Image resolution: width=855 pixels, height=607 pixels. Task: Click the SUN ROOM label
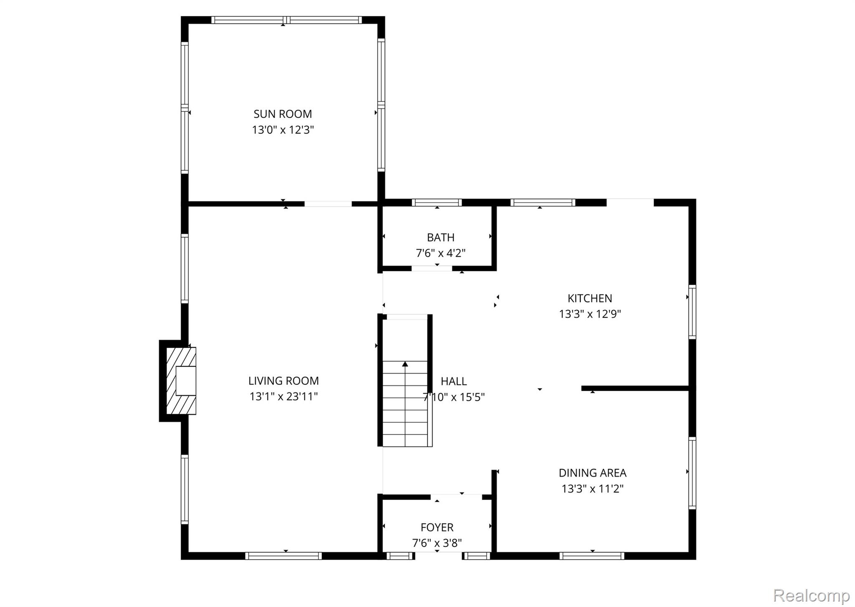point(283,114)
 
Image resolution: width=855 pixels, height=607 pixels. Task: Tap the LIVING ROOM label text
point(283,381)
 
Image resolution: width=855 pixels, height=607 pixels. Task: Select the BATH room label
point(440,238)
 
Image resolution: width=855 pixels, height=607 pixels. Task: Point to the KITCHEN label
point(590,298)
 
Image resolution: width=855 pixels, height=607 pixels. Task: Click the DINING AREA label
point(592,473)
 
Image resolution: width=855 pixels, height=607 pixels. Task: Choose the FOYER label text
point(437,528)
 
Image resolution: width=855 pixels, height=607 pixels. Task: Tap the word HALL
point(454,381)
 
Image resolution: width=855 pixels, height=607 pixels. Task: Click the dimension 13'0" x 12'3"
point(283,130)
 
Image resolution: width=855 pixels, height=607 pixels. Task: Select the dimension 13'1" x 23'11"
point(283,396)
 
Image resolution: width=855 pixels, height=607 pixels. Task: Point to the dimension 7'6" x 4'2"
point(440,253)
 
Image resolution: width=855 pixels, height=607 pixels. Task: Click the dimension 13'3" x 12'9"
point(590,314)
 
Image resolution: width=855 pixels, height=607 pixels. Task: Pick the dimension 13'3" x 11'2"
point(592,488)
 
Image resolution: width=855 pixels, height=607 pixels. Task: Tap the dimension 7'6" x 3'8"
point(437,543)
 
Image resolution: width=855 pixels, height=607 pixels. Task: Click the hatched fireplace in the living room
point(181,381)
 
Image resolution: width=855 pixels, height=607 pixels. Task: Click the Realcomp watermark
point(811,595)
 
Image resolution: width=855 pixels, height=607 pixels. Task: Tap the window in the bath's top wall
point(437,202)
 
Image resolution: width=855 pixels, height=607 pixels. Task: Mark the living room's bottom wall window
point(283,556)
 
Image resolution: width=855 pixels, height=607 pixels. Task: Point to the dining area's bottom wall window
point(592,556)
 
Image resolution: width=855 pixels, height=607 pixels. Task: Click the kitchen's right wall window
point(692,312)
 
